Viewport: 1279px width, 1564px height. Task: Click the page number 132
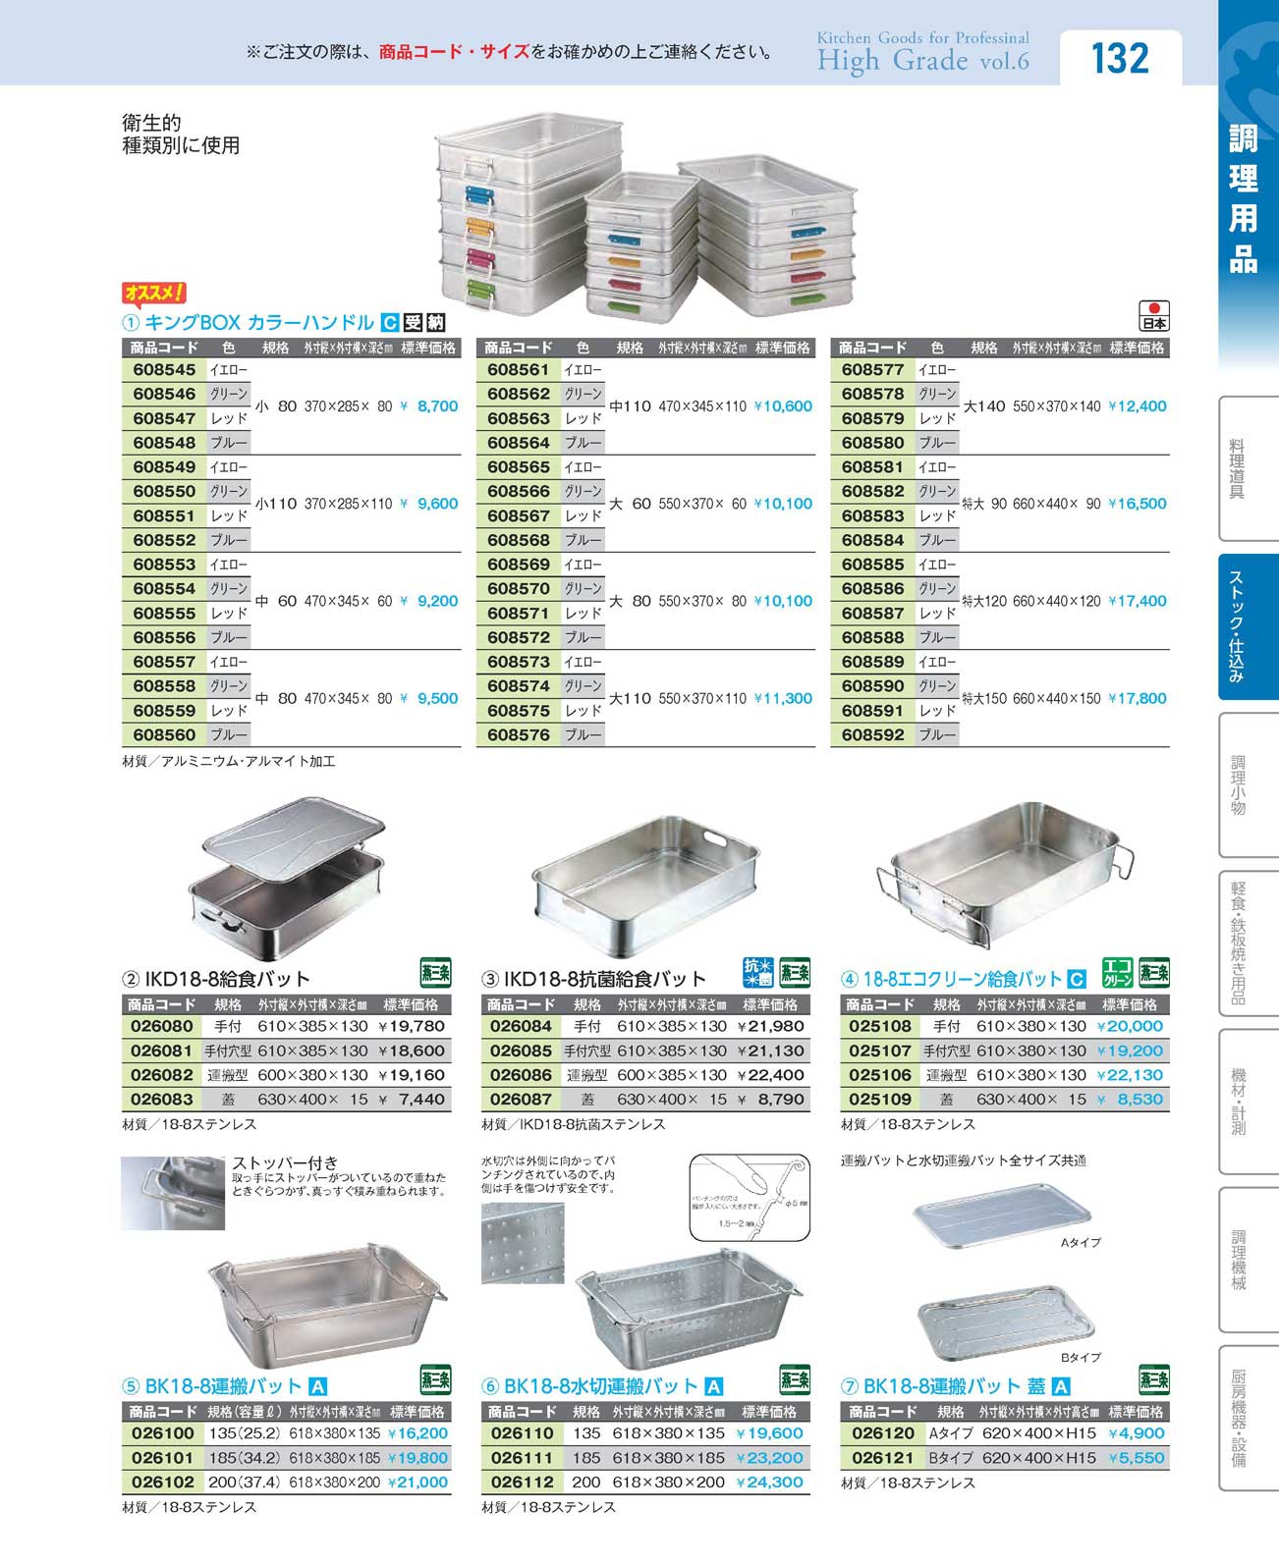[1120, 58]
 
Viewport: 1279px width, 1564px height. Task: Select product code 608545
[164, 370]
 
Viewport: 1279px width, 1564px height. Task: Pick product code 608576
[519, 735]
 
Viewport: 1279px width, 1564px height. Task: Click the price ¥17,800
[1138, 699]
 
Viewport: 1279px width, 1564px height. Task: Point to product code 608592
[872, 735]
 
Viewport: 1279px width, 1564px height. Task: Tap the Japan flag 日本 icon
[1154, 315]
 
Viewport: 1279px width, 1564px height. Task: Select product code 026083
[162, 1100]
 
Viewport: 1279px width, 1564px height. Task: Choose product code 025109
[880, 1100]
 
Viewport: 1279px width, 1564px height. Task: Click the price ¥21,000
[417, 1483]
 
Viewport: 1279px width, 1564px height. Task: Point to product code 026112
[521, 1483]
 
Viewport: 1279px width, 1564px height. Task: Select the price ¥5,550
[1136, 1458]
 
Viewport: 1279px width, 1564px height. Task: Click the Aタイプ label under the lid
[1081, 1243]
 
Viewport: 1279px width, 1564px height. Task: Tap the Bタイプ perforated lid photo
[1005, 1321]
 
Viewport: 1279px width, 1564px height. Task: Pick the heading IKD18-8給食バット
[227, 979]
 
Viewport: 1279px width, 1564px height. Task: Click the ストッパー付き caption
[285, 1163]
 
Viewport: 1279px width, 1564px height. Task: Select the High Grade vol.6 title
[922, 61]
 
